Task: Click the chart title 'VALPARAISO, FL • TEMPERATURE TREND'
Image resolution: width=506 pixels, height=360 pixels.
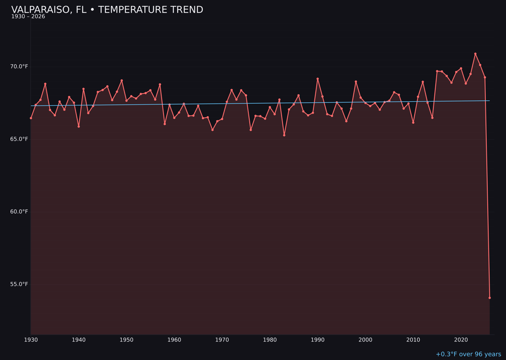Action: click(x=107, y=10)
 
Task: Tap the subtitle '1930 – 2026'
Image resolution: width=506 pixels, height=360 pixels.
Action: click(x=28, y=17)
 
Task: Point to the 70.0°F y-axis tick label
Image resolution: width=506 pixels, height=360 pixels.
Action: click(x=20, y=67)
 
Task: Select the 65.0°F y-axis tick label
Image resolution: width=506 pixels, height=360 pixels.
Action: click(x=20, y=139)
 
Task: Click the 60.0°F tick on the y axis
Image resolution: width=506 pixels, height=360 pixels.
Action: click(x=20, y=212)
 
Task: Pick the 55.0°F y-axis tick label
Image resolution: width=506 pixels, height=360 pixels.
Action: click(x=20, y=285)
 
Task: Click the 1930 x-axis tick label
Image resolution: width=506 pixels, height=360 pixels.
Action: click(x=31, y=340)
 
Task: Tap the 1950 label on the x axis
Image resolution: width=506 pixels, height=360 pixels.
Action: click(x=126, y=340)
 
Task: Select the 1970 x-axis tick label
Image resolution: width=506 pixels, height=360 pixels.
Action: click(x=222, y=340)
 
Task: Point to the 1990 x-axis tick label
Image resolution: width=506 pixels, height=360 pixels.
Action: click(x=318, y=340)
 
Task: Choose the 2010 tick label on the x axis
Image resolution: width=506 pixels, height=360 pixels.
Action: click(x=413, y=340)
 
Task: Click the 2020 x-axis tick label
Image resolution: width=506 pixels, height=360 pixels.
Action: click(x=461, y=340)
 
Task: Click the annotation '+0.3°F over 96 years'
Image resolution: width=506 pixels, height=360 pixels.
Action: click(x=468, y=354)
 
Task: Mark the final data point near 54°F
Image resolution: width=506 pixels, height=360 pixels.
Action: click(x=490, y=298)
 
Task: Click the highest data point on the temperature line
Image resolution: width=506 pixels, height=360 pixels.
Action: click(x=475, y=54)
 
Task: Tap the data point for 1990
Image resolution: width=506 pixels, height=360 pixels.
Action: click(x=318, y=79)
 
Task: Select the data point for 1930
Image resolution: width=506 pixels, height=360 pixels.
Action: click(x=31, y=118)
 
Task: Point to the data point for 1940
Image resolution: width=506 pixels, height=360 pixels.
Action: click(x=79, y=127)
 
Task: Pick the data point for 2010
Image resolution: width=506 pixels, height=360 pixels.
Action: click(x=413, y=122)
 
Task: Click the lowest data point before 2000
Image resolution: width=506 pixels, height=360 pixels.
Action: click(x=284, y=135)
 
